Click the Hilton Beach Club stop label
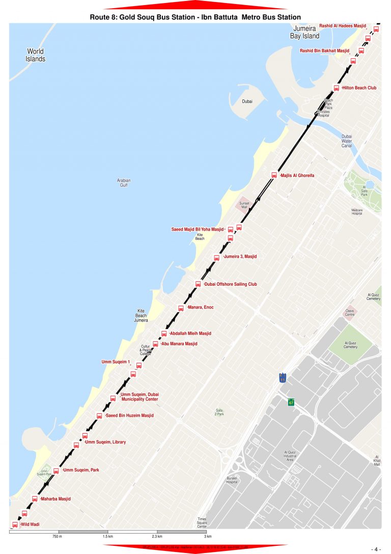click(x=359, y=88)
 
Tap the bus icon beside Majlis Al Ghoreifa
click(x=274, y=175)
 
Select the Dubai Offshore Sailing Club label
click(x=231, y=284)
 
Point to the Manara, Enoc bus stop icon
click(x=181, y=308)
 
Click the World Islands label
click(x=36, y=55)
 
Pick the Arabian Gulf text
click(x=124, y=183)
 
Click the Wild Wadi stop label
click(x=30, y=524)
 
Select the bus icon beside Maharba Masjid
click(x=35, y=498)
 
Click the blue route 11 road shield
click(x=283, y=379)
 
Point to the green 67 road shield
click(x=291, y=402)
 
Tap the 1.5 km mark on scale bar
click(x=107, y=537)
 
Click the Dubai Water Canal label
click(x=347, y=141)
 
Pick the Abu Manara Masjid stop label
click(x=179, y=344)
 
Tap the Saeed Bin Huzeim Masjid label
click(x=130, y=416)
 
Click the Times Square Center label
click(x=202, y=523)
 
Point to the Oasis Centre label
click(x=350, y=313)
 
